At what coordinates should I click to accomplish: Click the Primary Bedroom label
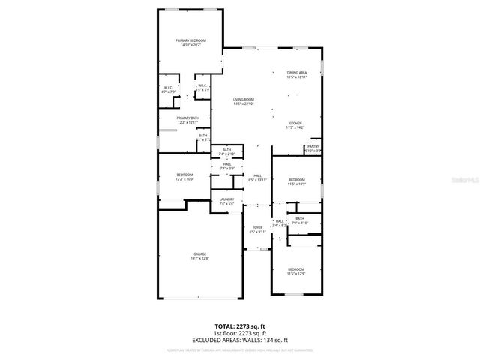click(x=190, y=43)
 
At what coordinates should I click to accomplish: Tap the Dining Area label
click(x=296, y=74)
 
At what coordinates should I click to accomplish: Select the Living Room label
click(x=243, y=101)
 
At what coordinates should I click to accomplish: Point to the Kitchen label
click(x=295, y=125)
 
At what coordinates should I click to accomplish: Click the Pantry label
click(x=313, y=148)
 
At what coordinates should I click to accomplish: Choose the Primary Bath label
click(x=188, y=120)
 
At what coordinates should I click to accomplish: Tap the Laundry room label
click(x=226, y=201)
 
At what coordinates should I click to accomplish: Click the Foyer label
click(x=257, y=229)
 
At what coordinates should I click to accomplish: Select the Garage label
click(x=199, y=256)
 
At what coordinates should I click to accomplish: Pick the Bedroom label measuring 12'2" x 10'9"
click(x=184, y=177)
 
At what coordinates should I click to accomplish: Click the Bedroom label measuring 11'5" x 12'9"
click(x=296, y=271)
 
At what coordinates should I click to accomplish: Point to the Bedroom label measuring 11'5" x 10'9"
click(x=296, y=181)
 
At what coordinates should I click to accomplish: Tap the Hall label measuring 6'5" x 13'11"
click(x=257, y=178)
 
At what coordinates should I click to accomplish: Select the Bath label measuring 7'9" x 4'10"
click(x=300, y=220)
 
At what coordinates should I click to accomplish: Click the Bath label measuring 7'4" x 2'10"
click(x=226, y=152)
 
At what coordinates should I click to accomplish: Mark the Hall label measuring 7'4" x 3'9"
click(x=226, y=166)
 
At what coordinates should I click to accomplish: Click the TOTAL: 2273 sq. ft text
click(x=239, y=326)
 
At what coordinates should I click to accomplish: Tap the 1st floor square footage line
click(x=239, y=332)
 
